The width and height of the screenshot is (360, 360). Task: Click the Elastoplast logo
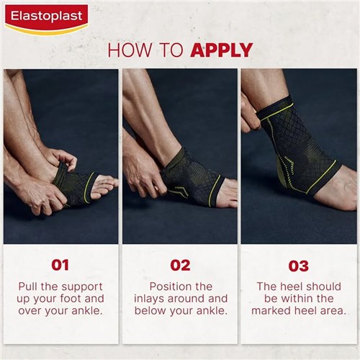pyautogui.click(x=46, y=18)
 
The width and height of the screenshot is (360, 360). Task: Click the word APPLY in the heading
pyautogui.click(x=221, y=50)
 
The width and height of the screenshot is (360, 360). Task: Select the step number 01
pyautogui.click(x=60, y=265)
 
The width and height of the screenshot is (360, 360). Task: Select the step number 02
pyautogui.click(x=180, y=265)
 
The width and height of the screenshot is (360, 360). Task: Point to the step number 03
pyautogui.click(x=299, y=265)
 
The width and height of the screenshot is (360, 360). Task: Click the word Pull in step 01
pyautogui.click(x=33, y=286)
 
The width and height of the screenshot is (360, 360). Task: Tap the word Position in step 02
pyautogui.click(x=171, y=286)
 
